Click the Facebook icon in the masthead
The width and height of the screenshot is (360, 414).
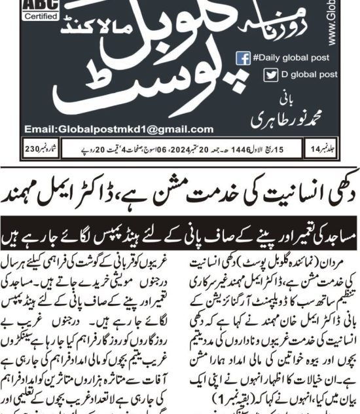tap(243, 58)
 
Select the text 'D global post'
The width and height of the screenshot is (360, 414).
tap(289, 75)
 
